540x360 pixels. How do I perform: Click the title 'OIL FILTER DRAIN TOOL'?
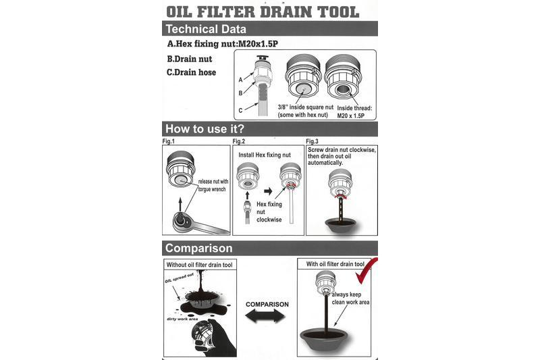point(263,11)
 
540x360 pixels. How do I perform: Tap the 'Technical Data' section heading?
point(206,29)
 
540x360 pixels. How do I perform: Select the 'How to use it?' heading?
point(205,129)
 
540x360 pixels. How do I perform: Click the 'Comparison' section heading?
point(198,248)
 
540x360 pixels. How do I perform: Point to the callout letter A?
point(240,80)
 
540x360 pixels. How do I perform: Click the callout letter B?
point(240,93)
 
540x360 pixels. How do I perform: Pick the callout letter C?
point(240,111)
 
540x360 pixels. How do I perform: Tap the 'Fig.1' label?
point(168,141)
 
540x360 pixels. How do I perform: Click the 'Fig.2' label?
point(239,141)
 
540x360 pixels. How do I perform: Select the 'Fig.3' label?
point(312,141)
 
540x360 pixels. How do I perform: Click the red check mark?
point(366,271)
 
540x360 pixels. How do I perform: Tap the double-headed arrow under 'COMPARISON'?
point(265,316)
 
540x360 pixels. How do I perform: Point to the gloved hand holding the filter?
point(213,338)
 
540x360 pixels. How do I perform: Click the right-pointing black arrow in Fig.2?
point(268,191)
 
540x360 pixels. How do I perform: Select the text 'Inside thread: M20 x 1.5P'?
point(354,112)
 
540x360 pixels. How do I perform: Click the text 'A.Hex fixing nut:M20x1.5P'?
point(223,44)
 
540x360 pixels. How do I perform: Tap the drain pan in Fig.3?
point(340,226)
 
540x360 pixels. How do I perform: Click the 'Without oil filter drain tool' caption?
point(199,265)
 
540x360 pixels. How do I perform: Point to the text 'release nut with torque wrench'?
point(213,185)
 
